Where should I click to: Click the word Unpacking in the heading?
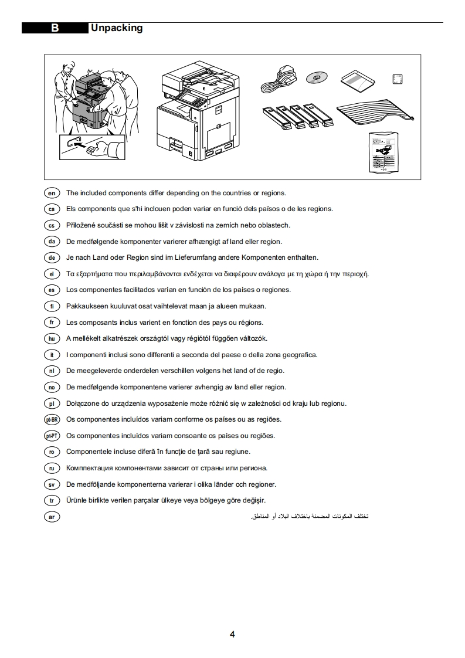(x=117, y=28)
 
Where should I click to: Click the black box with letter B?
(x=55, y=28)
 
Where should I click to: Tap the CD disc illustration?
(x=317, y=77)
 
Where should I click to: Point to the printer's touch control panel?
(x=188, y=99)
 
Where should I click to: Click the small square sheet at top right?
(x=398, y=79)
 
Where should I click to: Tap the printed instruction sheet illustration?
(x=383, y=152)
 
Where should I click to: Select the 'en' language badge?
(x=52, y=193)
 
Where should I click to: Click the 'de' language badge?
(x=52, y=257)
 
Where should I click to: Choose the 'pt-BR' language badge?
(x=52, y=420)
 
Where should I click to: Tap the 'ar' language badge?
(x=52, y=517)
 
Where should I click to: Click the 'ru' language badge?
(x=52, y=468)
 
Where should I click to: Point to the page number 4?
(x=232, y=635)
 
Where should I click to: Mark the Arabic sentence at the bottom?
(x=309, y=516)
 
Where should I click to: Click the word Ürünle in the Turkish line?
(x=76, y=500)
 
